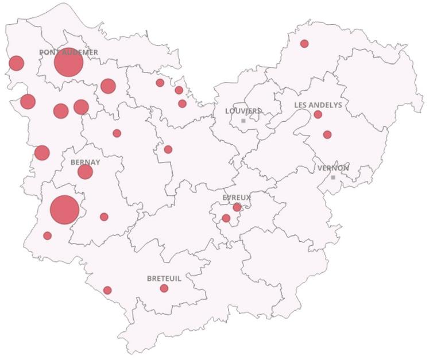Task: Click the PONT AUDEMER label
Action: click(x=68, y=52)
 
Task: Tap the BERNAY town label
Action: click(x=85, y=162)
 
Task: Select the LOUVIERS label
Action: click(x=243, y=111)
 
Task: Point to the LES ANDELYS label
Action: click(x=318, y=105)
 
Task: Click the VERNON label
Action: click(x=333, y=168)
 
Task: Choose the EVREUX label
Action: click(x=237, y=198)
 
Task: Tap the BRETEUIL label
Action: click(x=164, y=278)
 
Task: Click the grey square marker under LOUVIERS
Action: click(x=244, y=121)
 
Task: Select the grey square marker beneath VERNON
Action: click(x=333, y=177)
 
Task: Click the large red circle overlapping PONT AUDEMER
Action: click(x=69, y=63)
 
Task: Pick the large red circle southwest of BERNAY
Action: click(x=64, y=210)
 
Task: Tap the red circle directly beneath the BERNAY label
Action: click(x=85, y=172)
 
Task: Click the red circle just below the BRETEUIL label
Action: click(x=164, y=288)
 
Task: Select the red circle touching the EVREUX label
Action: click(x=237, y=207)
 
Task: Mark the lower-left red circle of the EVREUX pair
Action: click(x=226, y=218)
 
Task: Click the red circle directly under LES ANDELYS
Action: click(x=318, y=115)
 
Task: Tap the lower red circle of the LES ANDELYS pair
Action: click(x=327, y=134)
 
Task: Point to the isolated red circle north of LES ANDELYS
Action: click(x=304, y=44)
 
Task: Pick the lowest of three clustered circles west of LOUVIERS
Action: click(x=182, y=104)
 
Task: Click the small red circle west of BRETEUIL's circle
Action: click(x=107, y=290)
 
